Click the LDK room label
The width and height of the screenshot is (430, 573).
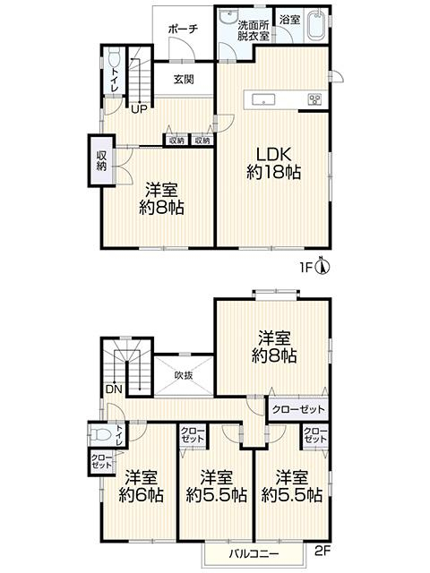(x=273, y=163)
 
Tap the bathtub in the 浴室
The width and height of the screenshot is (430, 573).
(x=316, y=25)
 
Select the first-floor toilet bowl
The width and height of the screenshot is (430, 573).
(x=115, y=58)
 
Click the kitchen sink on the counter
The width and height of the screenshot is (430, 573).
(x=262, y=99)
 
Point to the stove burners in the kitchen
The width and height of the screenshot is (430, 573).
(x=314, y=99)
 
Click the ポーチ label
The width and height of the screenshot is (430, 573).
(x=183, y=30)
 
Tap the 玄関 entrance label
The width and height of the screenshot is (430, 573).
(x=184, y=80)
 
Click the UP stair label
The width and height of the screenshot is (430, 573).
(x=139, y=108)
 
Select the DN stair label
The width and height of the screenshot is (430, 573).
(x=114, y=389)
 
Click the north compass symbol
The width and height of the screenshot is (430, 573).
(x=322, y=267)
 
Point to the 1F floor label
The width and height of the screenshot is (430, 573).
(x=306, y=269)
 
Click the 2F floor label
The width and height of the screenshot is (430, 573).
(x=322, y=550)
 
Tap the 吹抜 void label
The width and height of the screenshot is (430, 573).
(x=184, y=375)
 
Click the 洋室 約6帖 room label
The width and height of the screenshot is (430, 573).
(x=142, y=486)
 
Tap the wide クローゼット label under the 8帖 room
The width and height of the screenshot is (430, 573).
(x=298, y=409)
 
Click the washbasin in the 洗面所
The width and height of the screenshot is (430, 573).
(x=229, y=16)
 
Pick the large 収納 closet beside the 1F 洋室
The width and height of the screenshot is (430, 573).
(x=101, y=161)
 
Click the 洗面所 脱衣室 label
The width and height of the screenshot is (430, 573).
(x=254, y=30)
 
